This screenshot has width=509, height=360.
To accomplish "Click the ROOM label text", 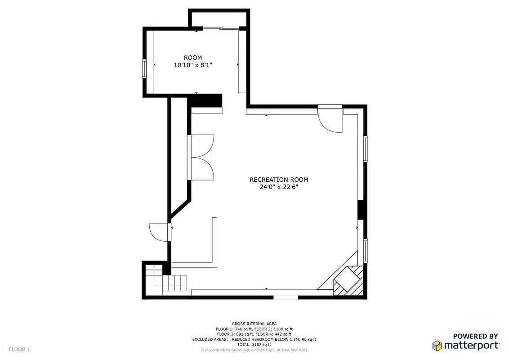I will [x=192, y=58].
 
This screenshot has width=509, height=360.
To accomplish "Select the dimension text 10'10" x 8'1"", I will [x=192, y=65].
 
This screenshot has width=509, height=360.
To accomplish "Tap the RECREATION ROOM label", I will [x=279, y=180].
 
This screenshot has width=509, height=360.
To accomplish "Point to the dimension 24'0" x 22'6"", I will [x=279, y=187].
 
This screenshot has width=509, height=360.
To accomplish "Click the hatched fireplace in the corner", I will [x=348, y=281].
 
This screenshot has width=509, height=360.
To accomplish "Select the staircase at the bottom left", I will [x=173, y=283].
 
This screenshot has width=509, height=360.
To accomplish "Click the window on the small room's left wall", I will [x=145, y=68].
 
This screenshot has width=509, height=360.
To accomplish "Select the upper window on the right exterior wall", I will [x=366, y=148].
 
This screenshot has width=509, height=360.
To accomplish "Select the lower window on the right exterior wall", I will [x=366, y=251].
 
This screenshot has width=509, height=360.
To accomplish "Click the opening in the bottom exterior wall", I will [x=286, y=297].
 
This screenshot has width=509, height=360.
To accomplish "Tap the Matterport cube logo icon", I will [x=437, y=346].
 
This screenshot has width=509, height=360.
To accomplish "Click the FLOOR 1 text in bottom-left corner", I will [x=19, y=349].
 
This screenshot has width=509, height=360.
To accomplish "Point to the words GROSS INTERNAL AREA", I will [x=254, y=324].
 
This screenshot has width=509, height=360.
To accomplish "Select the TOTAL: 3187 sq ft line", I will [x=254, y=344].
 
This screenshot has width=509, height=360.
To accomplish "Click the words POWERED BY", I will [x=475, y=336].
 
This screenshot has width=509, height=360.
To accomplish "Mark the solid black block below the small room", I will [x=205, y=101].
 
